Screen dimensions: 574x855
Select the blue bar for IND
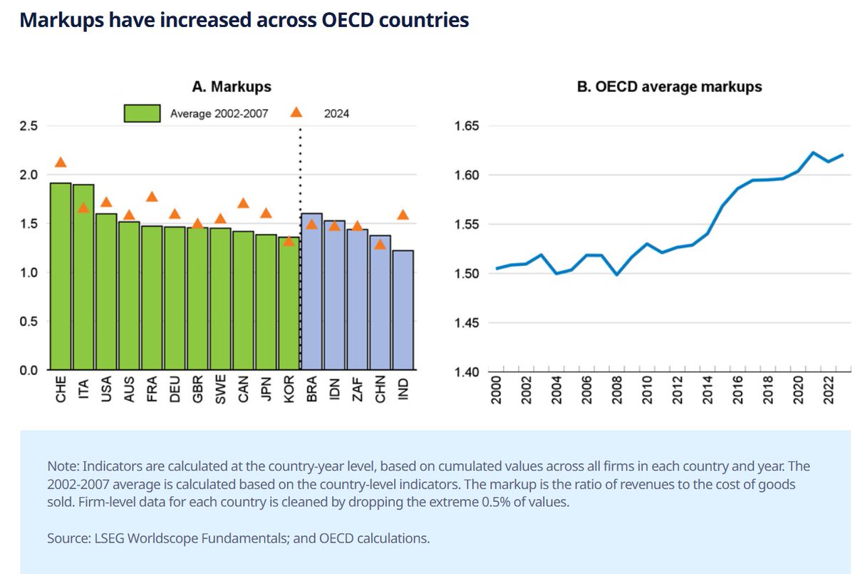[x=403, y=310]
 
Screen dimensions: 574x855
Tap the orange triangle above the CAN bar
[x=243, y=203]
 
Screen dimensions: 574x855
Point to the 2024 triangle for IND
[x=403, y=215]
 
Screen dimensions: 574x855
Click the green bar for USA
[x=106, y=292]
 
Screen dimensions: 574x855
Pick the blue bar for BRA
[x=311, y=292]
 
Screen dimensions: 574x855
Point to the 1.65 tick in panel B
[x=467, y=126]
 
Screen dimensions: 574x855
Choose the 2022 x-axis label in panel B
[x=829, y=391]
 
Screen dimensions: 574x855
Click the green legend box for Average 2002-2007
[x=142, y=113]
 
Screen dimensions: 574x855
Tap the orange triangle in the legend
[x=297, y=112]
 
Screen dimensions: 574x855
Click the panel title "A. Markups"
[x=232, y=87]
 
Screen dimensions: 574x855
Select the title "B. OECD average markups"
[x=668, y=87]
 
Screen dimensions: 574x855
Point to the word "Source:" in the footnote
[x=68, y=538]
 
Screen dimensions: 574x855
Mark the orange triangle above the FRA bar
[x=152, y=197]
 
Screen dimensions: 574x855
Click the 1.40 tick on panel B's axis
[x=467, y=371]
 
